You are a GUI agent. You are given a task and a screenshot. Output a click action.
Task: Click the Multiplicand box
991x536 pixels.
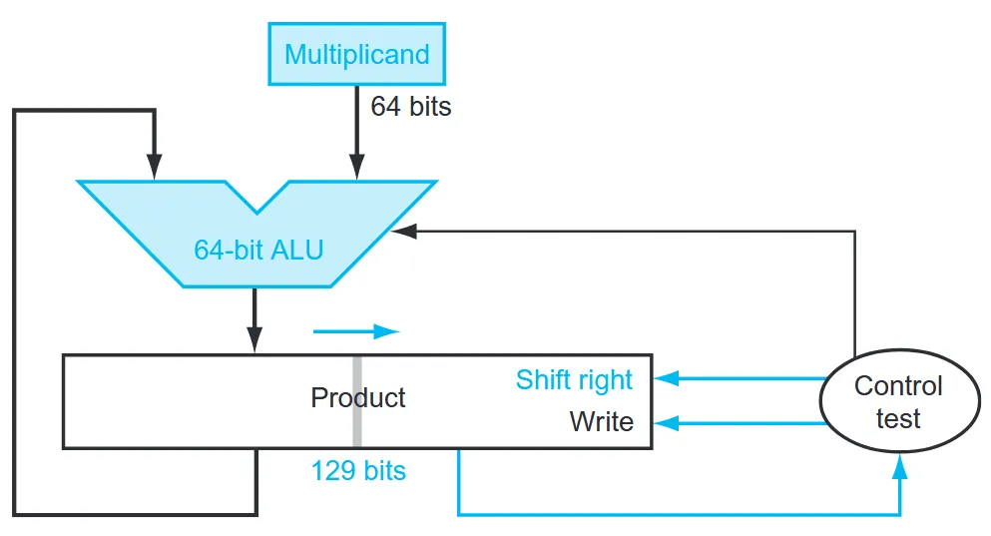pyautogui.click(x=357, y=54)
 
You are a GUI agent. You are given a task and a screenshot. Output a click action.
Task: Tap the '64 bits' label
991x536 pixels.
pyautogui.click(x=411, y=106)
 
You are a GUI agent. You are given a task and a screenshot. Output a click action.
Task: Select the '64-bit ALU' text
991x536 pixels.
pyautogui.click(x=258, y=250)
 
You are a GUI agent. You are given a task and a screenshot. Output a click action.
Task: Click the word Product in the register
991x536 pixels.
pyautogui.click(x=357, y=397)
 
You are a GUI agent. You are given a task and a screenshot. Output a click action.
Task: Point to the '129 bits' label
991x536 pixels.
pyautogui.click(x=358, y=471)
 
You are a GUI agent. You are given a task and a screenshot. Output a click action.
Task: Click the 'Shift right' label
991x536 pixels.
pyautogui.click(x=574, y=380)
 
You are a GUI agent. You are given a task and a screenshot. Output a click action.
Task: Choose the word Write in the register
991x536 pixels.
pyautogui.click(x=602, y=421)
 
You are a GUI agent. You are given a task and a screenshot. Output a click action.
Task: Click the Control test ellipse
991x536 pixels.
pyautogui.click(x=899, y=400)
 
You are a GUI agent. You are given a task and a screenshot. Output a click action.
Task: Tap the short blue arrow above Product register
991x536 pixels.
pyautogui.click(x=356, y=331)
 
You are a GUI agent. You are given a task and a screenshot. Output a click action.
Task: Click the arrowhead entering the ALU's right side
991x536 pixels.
pyautogui.click(x=404, y=232)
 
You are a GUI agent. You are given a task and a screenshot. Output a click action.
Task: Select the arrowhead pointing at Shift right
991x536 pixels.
pyautogui.click(x=666, y=378)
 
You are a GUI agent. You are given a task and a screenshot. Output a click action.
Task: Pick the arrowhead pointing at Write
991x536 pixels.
pyautogui.click(x=666, y=423)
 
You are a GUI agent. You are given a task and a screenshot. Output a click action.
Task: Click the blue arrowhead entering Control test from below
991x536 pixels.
pyautogui.click(x=900, y=466)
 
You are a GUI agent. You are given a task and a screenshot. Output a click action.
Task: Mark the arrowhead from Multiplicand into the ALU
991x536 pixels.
pyautogui.click(x=357, y=167)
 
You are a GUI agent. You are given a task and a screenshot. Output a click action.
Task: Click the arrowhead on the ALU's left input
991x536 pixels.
pyautogui.click(x=155, y=167)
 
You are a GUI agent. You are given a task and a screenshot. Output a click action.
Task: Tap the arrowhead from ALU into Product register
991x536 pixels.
pyautogui.click(x=254, y=340)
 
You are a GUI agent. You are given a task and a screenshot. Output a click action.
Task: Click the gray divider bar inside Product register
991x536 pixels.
pyautogui.click(x=357, y=401)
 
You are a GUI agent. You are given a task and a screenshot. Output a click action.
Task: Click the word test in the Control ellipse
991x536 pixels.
pyautogui.click(x=898, y=418)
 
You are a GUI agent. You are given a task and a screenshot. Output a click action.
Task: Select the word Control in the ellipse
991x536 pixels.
pyautogui.click(x=898, y=385)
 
